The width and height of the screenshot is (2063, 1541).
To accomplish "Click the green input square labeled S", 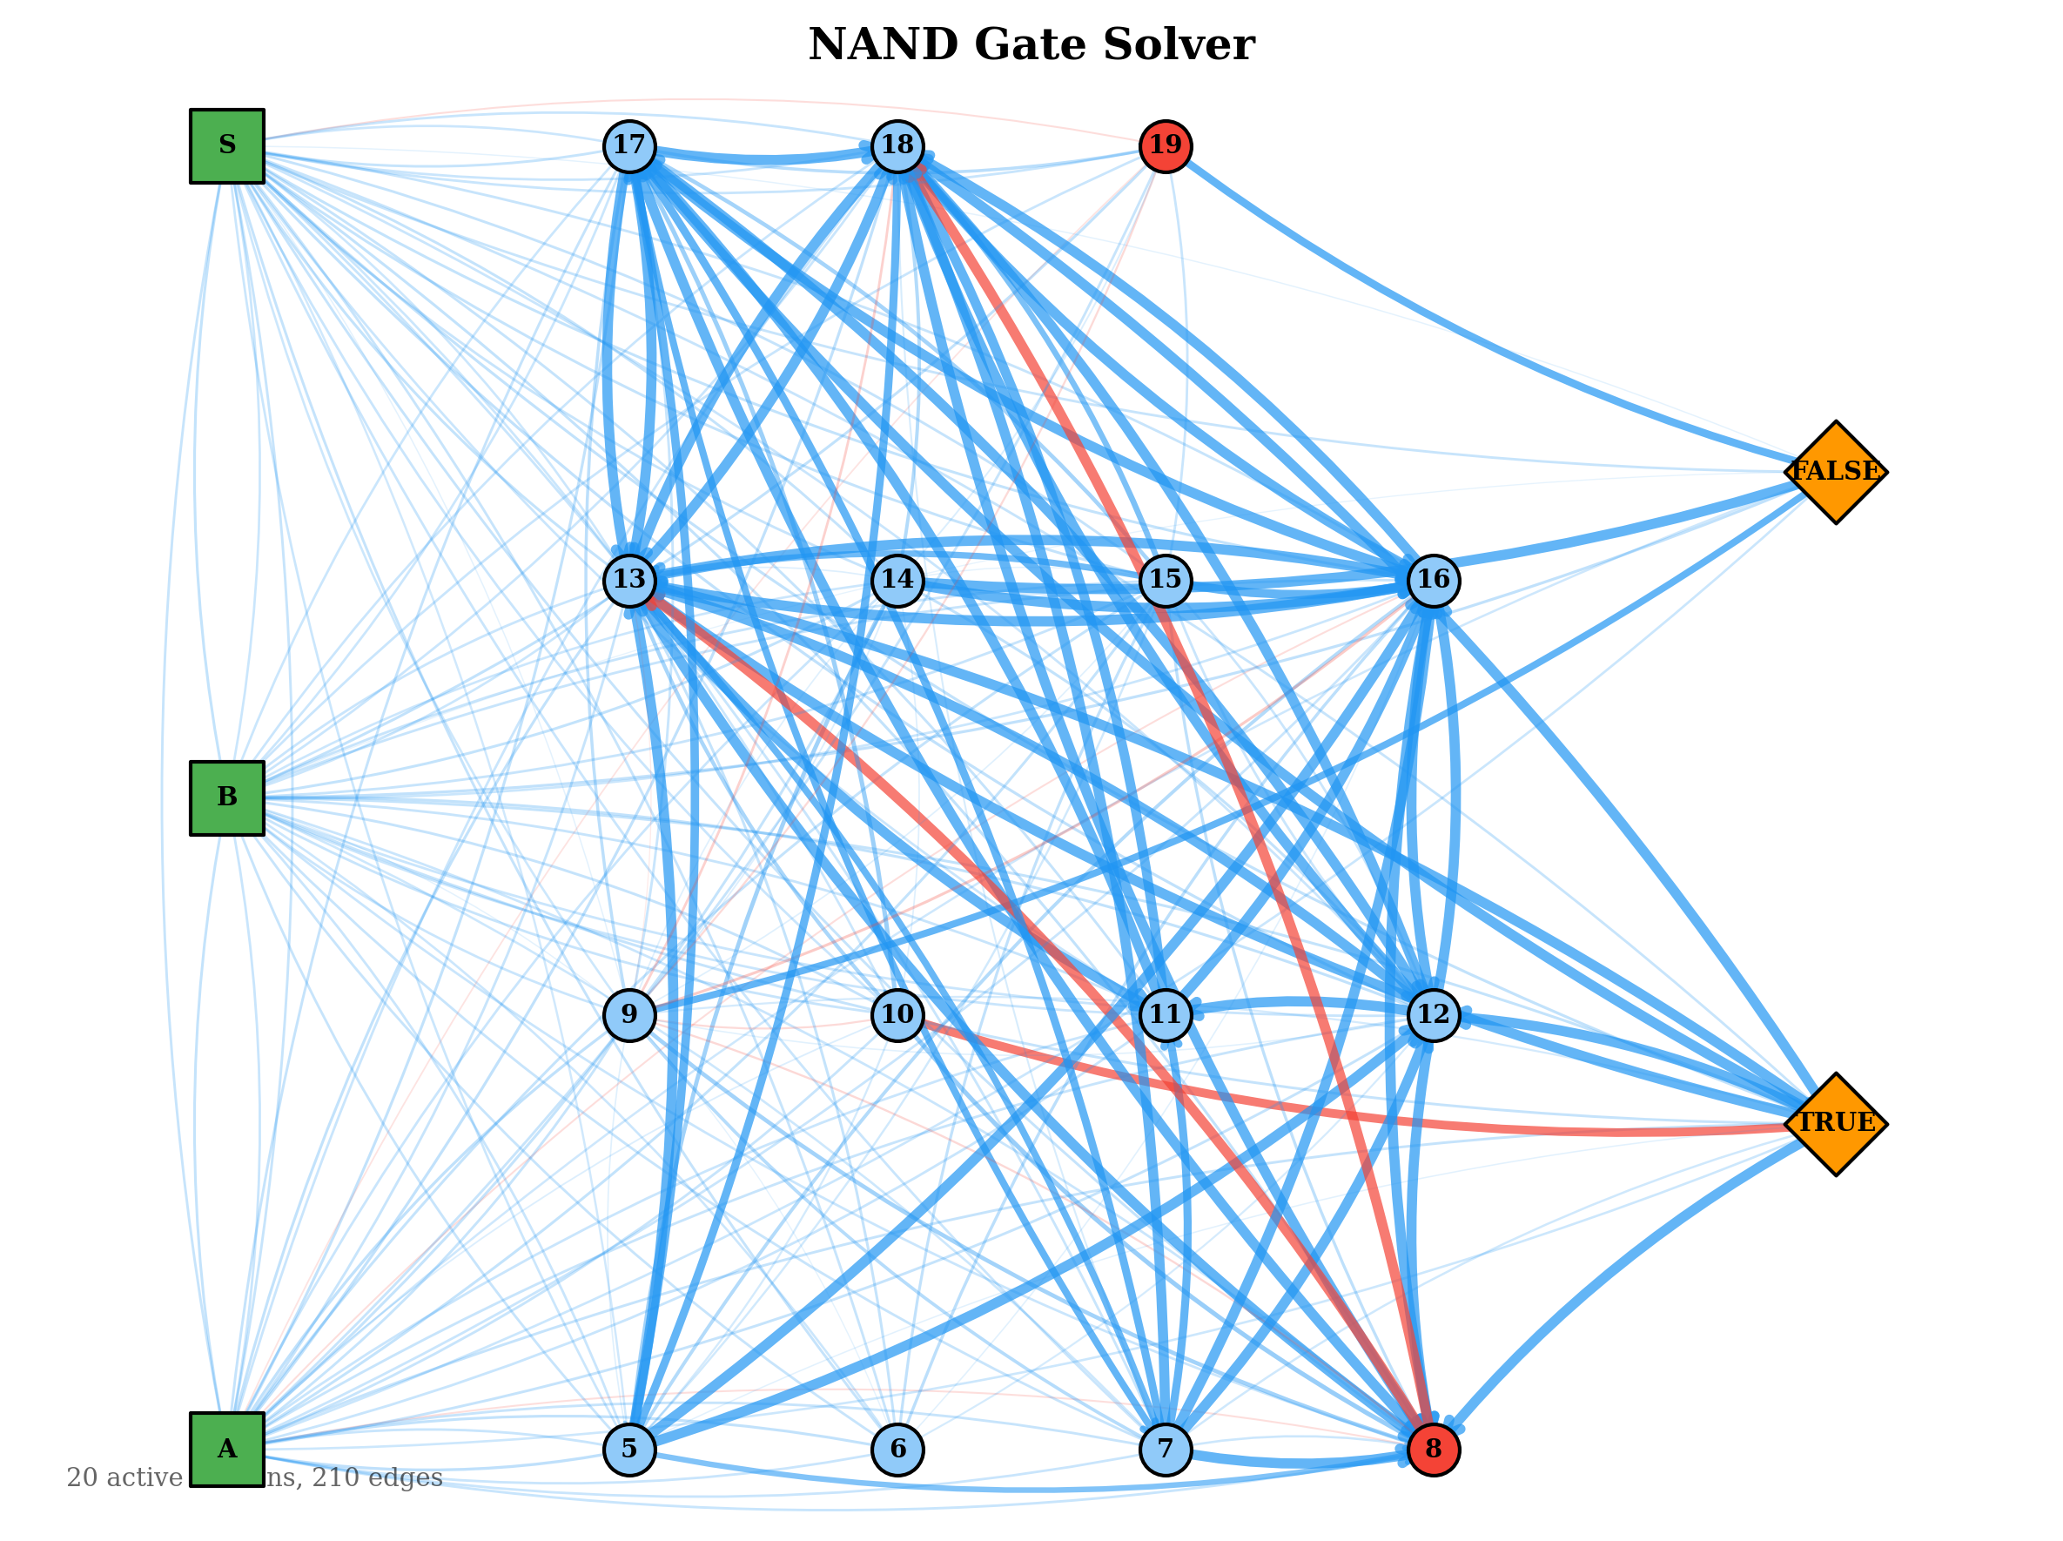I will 226,146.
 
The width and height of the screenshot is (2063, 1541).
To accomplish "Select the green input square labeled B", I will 226,798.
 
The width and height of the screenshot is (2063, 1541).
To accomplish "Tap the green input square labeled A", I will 226,1450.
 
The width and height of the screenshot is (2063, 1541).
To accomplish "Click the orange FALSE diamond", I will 1836,472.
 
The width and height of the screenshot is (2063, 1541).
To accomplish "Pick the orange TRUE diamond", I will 1836,1124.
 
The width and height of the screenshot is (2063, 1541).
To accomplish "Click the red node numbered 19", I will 1165,146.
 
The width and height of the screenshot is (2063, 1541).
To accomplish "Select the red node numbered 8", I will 1433,1450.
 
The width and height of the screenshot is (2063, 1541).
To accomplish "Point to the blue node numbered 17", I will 629,146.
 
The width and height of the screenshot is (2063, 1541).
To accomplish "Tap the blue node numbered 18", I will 897,146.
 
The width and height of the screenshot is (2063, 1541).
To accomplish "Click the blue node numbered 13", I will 629,580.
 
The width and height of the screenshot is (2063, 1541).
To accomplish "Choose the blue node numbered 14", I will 897,580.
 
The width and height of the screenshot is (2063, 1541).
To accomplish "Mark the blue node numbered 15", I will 1165,580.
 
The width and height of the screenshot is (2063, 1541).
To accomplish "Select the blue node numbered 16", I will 1433,580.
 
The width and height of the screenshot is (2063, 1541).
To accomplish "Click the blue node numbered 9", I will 629,1015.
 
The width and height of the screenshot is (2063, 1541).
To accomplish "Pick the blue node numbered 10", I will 897,1015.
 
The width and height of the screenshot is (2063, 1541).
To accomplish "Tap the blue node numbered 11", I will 1165,1015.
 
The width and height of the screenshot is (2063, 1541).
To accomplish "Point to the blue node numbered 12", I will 1433,1015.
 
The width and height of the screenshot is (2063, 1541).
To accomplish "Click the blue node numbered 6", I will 897,1450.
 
